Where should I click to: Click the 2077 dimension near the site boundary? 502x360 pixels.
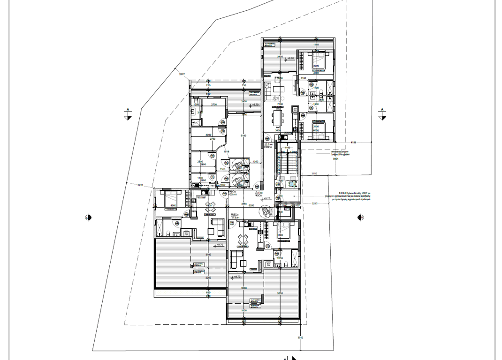(x=182, y=75)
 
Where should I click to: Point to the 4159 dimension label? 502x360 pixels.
(x=353, y=142)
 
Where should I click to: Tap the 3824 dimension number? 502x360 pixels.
(x=335, y=159)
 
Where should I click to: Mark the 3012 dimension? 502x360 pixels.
(x=300, y=337)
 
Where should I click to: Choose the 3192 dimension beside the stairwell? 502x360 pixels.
(x=314, y=173)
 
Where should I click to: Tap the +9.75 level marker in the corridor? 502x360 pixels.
(x=267, y=199)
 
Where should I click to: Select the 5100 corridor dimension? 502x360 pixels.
(x=243, y=136)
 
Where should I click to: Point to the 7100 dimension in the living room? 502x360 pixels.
(x=280, y=104)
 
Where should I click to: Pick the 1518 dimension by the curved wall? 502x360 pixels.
(x=226, y=151)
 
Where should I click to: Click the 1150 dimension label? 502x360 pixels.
(x=316, y=45)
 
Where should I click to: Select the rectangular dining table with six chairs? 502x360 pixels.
(x=278, y=117)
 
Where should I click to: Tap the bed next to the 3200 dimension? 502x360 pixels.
(x=319, y=60)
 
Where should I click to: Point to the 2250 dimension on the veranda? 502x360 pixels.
(x=208, y=277)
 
